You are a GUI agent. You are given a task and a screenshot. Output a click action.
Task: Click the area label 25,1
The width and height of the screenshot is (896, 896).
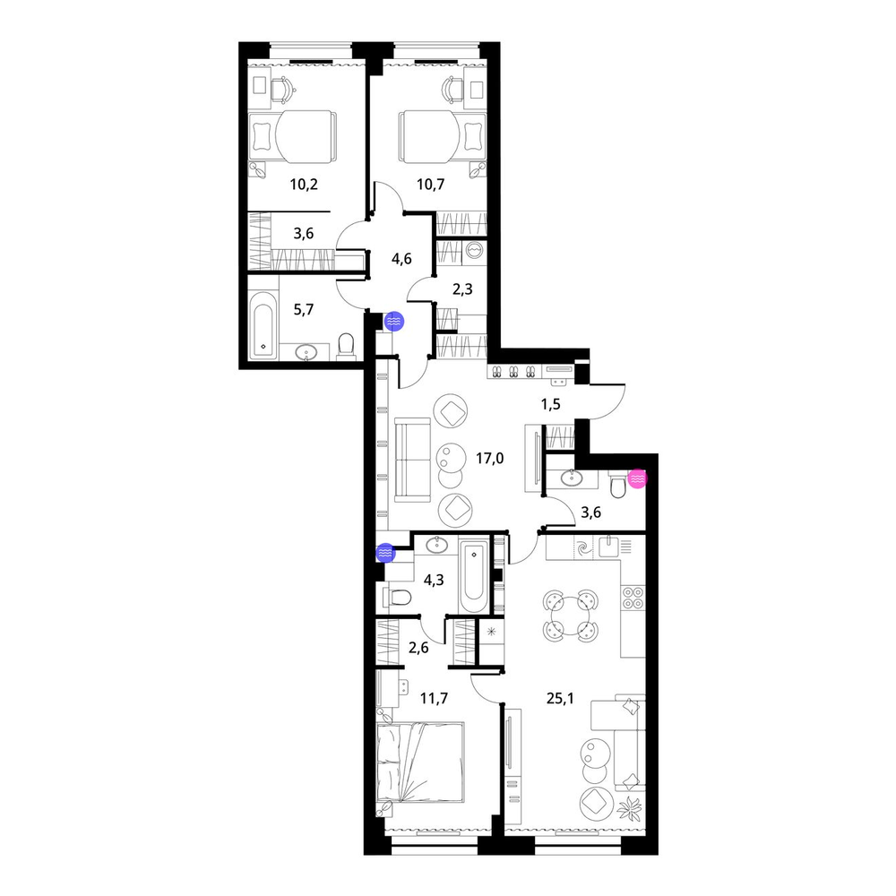click(560, 698)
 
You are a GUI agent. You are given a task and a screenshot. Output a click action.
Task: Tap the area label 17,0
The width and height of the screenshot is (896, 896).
click(490, 458)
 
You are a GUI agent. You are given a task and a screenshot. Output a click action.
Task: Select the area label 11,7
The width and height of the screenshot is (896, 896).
click(434, 698)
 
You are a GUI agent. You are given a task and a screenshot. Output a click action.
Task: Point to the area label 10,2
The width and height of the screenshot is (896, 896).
click(304, 184)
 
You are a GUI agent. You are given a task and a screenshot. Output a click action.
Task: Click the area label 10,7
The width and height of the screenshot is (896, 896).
click(430, 184)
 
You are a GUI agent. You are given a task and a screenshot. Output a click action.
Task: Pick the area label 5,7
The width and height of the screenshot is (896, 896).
click(304, 310)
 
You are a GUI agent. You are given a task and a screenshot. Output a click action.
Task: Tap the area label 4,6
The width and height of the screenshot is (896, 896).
click(401, 259)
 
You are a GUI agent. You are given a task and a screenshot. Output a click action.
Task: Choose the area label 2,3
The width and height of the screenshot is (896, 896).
click(462, 289)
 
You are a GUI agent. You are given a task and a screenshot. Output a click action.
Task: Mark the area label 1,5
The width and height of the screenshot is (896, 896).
click(551, 404)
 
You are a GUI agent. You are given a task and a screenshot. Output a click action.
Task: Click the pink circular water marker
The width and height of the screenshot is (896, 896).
click(637, 478)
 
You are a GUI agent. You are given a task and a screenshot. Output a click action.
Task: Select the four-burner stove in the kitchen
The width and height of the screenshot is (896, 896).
click(633, 598)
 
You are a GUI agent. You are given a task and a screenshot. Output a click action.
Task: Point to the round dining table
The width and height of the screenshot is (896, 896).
click(570, 615)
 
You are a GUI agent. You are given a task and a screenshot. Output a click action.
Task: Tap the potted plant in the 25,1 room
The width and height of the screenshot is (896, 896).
click(632, 807)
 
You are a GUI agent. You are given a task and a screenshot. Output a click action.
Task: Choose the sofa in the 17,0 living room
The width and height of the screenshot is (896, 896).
click(411, 460)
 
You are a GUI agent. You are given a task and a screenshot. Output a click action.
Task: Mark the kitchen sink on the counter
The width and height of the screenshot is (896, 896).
click(609, 547)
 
